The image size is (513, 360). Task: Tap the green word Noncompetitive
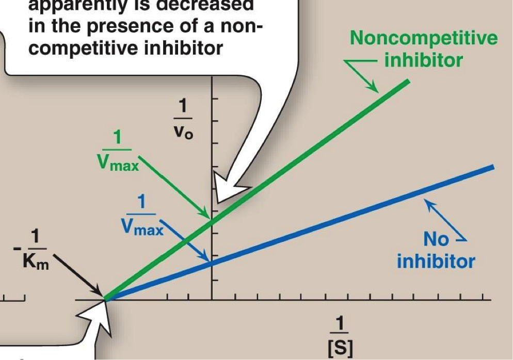(x=423, y=38)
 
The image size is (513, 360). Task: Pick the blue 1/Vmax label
(x=142, y=215)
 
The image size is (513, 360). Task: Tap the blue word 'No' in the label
(x=436, y=240)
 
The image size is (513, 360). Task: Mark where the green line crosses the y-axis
(x=212, y=221)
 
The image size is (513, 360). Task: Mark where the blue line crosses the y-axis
(x=212, y=264)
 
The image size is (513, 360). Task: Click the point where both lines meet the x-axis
(x=105, y=299)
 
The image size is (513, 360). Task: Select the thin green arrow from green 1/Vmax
(x=175, y=188)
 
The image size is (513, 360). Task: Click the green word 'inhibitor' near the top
(x=423, y=60)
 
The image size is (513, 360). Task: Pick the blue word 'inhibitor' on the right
(x=436, y=261)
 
